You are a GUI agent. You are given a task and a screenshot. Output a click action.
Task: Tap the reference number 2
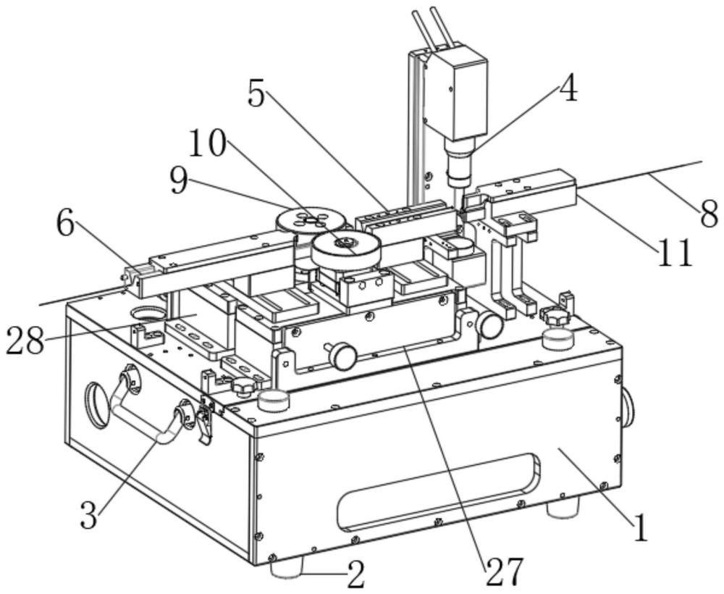[x=355, y=574]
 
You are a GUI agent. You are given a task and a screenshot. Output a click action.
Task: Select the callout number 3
[x=88, y=514]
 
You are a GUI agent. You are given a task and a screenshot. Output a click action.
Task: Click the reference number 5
[x=257, y=93]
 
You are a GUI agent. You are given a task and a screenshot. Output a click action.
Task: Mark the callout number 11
[x=675, y=252]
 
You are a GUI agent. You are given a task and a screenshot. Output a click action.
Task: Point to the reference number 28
[x=25, y=341]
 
